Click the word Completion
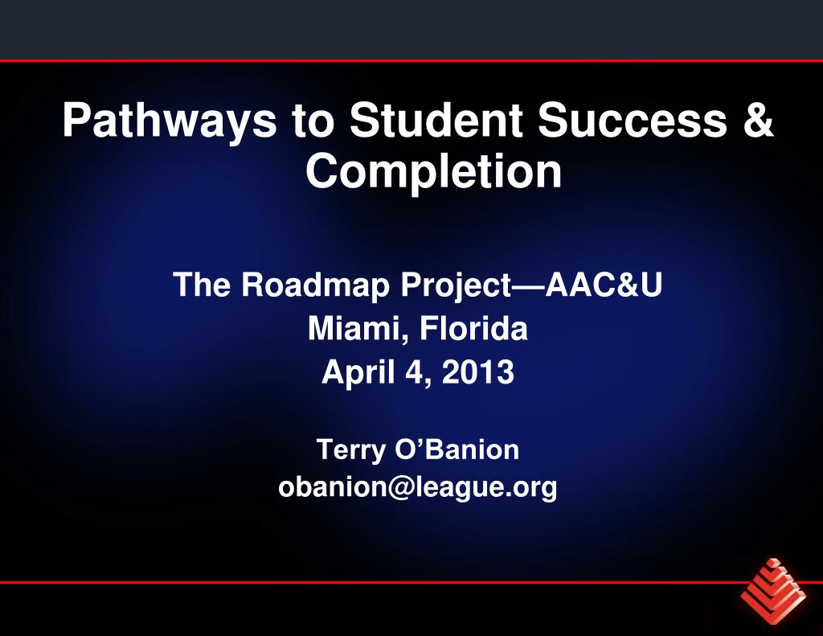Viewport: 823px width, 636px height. (433, 171)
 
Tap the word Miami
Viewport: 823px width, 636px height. (345, 329)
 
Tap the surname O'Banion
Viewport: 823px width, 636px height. (457, 449)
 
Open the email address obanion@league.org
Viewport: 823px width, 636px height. (418, 487)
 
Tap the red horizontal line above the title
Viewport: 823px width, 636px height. (411, 60)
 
